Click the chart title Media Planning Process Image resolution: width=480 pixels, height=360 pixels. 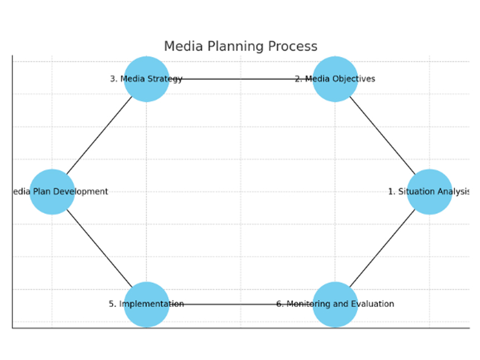click(241, 46)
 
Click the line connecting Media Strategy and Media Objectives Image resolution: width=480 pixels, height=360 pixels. click(240, 79)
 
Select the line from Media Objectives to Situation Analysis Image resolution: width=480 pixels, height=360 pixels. click(382, 136)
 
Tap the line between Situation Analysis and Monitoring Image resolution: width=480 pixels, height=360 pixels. click(382, 248)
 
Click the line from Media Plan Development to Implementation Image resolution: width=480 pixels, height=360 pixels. click(99, 248)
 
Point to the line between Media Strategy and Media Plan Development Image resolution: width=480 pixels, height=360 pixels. click(99, 136)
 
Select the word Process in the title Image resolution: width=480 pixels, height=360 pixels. click(295, 46)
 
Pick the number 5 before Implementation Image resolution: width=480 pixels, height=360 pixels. click(112, 304)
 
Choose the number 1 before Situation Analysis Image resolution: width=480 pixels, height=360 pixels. click(391, 191)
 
